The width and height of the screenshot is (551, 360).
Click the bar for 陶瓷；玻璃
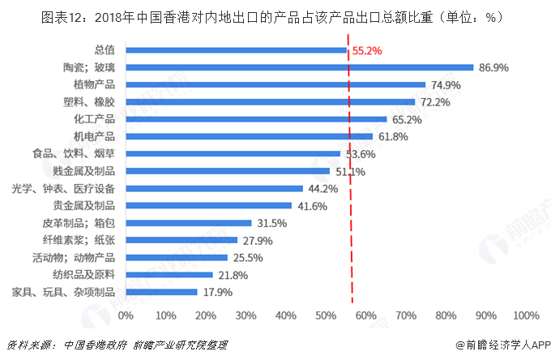coord(299,67)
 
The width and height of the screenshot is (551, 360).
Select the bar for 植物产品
coord(275,84)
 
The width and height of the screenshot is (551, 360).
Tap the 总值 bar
coord(236,50)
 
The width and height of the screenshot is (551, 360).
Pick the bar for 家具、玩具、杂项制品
coord(161,292)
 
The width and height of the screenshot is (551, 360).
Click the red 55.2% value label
coord(367,50)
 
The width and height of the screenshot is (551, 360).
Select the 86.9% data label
coord(493,67)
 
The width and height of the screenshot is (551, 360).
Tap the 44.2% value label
coord(323,189)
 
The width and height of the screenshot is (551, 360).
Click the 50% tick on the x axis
coord(326,315)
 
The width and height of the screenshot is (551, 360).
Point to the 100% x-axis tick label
coord(525,315)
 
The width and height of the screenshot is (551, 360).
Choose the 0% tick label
coord(126,315)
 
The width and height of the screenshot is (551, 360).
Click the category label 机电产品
coord(94,136)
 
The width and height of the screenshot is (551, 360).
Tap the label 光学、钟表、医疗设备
coord(63,188)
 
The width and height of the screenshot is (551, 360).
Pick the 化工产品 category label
coord(94,119)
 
